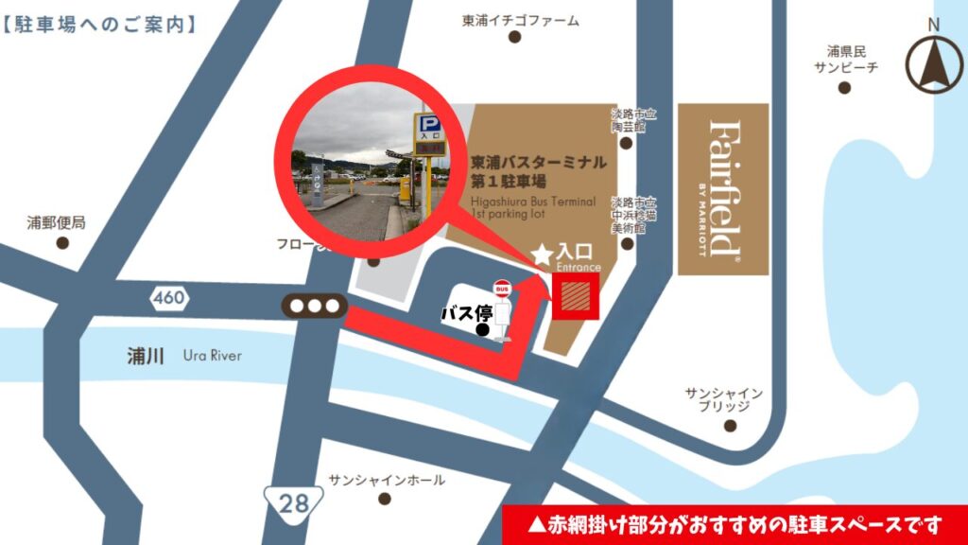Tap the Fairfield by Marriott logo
point(723,189)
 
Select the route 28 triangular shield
point(293,501)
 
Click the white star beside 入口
point(542,254)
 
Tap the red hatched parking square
point(576,298)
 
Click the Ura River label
point(213,356)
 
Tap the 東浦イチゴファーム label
point(519,20)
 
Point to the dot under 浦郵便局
point(62,243)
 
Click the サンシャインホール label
point(387,481)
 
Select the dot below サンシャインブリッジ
point(729,426)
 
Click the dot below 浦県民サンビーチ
point(844,88)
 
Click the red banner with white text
point(735,523)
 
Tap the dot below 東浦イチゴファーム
point(515,38)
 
